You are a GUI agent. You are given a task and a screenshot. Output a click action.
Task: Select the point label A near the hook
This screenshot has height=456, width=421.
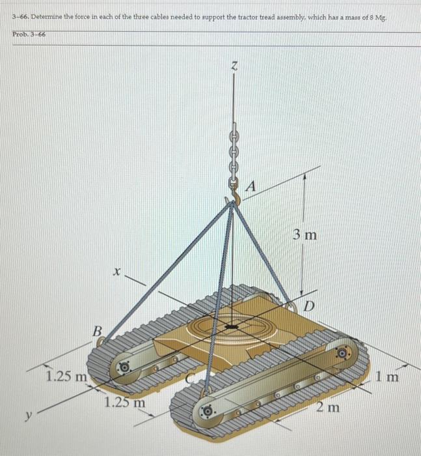[x=252, y=187]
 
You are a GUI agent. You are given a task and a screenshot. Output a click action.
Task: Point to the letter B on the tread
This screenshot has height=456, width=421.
[x=96, y=332]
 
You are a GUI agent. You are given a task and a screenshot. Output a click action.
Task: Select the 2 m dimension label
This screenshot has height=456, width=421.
[x=329, y=408]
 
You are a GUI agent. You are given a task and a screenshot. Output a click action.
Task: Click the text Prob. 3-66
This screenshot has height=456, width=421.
[x=27, y=33]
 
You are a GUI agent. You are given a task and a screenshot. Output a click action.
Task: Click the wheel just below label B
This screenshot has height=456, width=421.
[x=124, y=368]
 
